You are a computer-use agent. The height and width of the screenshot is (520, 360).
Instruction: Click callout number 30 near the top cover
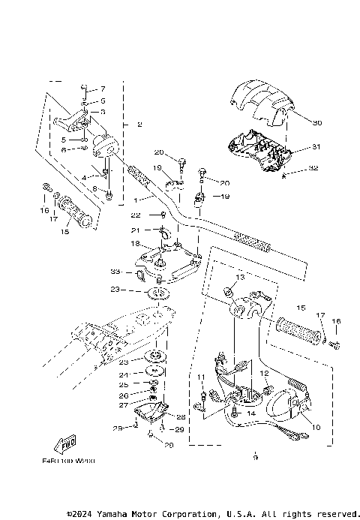pos(317,122)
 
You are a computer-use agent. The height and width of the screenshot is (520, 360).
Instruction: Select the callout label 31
pos(316,147)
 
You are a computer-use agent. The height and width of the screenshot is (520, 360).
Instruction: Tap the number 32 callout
pos(313,170)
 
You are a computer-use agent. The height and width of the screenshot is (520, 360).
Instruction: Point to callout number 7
pos(103,89)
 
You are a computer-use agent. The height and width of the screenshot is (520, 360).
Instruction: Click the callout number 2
pos(139,124)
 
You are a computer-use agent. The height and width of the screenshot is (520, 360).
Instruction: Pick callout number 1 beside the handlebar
pos(136,200)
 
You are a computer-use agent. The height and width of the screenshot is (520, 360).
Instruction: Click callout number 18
pos(135,244)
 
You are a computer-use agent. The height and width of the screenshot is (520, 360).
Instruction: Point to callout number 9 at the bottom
pos(255,456)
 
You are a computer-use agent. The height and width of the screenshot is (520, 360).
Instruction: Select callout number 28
pos(180,416)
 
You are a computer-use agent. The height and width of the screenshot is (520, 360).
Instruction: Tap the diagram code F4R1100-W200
pos(73,461)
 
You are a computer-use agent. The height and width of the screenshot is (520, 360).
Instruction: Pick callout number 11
pos(201,377)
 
